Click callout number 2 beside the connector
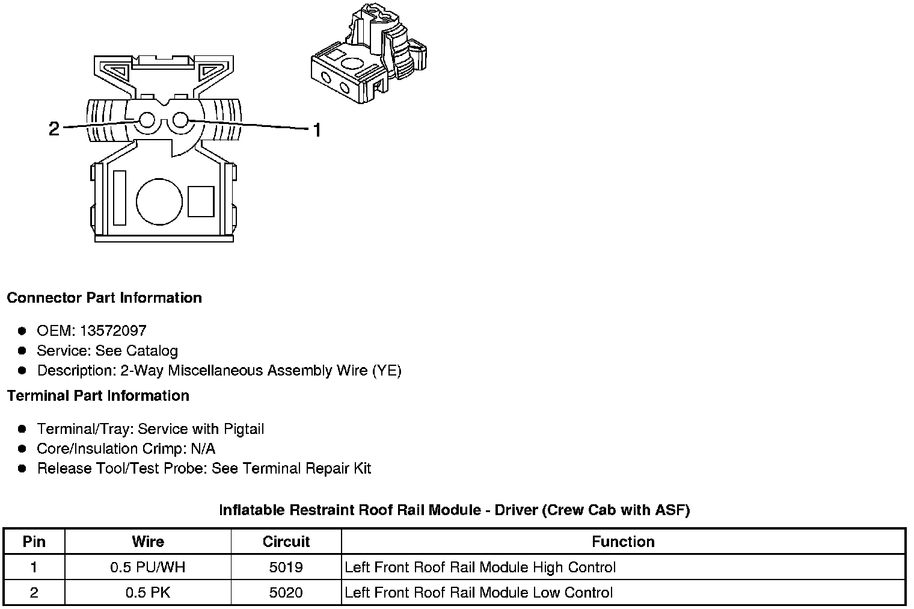54,128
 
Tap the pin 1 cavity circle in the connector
179,120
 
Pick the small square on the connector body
200,202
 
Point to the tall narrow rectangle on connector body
119,198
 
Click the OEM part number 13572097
113,330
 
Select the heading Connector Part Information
104,298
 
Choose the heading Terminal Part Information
98,395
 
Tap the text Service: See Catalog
107,350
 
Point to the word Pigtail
244,428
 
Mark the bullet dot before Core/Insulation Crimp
22,448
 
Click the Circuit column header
286,541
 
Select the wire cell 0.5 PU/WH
147,567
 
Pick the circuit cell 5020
286,592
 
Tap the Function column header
623,541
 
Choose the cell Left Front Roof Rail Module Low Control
479,592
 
